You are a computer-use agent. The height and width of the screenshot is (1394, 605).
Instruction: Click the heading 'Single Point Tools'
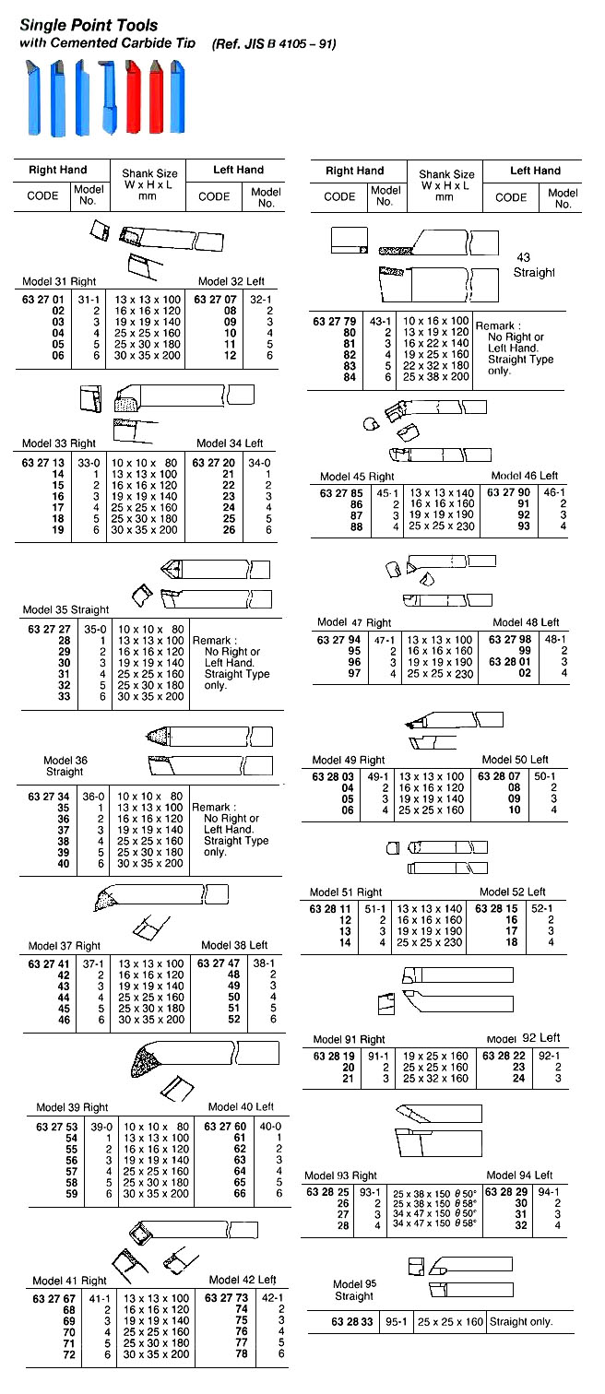88,24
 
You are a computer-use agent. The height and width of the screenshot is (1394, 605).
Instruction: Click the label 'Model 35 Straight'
66,609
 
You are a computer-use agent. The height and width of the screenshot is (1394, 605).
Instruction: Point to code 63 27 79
332,321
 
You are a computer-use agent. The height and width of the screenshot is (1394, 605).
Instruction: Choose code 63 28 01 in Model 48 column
508,661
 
